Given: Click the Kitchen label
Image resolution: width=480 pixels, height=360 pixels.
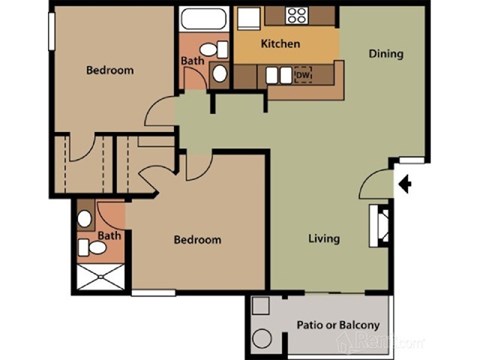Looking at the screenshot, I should (280, 45).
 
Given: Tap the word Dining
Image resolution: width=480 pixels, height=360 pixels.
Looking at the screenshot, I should (385, 54).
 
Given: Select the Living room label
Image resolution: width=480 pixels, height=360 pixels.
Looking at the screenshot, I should (323, 239).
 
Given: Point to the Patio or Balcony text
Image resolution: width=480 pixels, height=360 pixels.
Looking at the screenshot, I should (338, 325).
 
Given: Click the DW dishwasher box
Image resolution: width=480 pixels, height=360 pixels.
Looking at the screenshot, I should (303, 75).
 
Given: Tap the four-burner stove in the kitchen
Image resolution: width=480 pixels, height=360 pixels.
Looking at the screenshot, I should (296, 15).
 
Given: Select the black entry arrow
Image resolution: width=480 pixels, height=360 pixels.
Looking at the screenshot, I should (405, 183).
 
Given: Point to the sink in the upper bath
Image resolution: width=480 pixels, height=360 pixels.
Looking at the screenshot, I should (222, 78).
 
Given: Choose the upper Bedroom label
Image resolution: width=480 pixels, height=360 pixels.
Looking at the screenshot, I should (109, 70).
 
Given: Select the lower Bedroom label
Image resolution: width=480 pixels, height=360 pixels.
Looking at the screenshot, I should (197, 240).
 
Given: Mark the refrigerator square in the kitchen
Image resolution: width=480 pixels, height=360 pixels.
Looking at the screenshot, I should (246, 18).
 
